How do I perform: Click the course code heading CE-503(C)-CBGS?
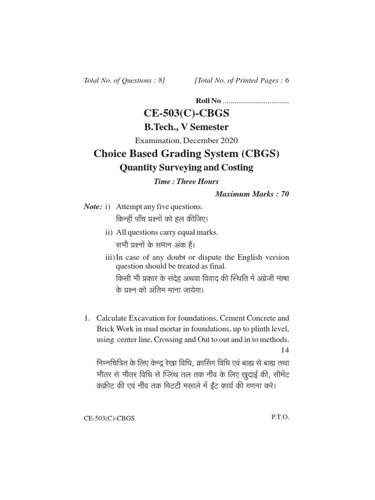click(x=186, y=114)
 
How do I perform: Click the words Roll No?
click(x=208, y=101)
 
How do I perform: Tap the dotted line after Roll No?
click(x=255, y=102)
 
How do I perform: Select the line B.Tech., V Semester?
click(x=186, y=127)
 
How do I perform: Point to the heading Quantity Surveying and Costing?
click(x=186, y=167)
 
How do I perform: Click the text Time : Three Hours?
click(x=186, y=181)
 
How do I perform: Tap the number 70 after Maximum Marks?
click(x=284, y=194)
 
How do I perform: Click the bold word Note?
click(x=92, y=207)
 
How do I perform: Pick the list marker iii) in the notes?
click(x=110, y=257)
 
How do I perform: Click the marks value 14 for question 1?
click(x=285, y=350)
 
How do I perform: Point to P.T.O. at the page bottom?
click(x=280, y=418)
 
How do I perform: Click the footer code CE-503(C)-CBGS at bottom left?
click(x=109, y=419)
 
